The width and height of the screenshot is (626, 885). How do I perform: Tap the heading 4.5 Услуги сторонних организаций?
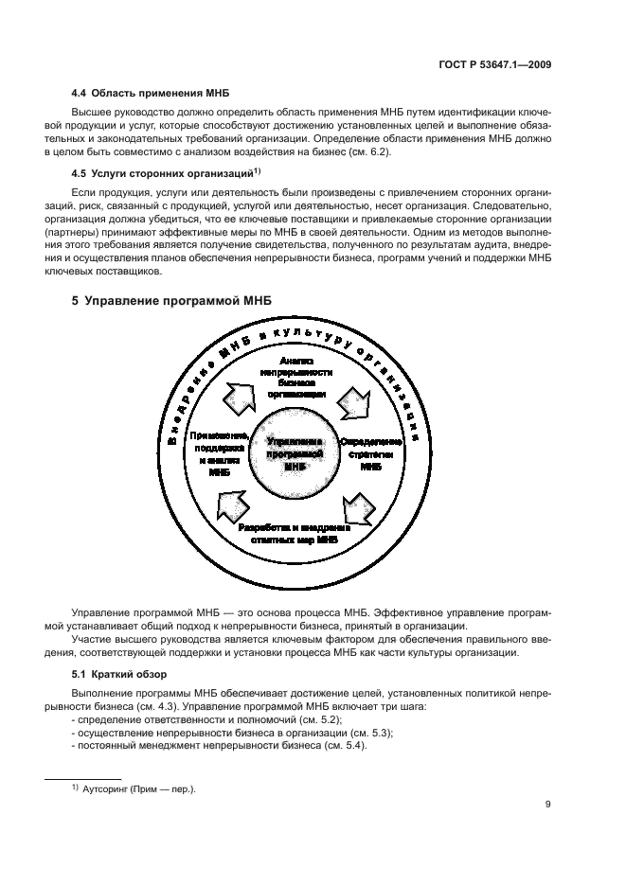pos(159,174)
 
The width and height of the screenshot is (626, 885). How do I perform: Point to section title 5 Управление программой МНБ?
pos(172,300)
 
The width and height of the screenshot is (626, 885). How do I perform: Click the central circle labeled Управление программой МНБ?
pos(296,453)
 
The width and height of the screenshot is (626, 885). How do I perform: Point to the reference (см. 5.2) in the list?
pos(299,720)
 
